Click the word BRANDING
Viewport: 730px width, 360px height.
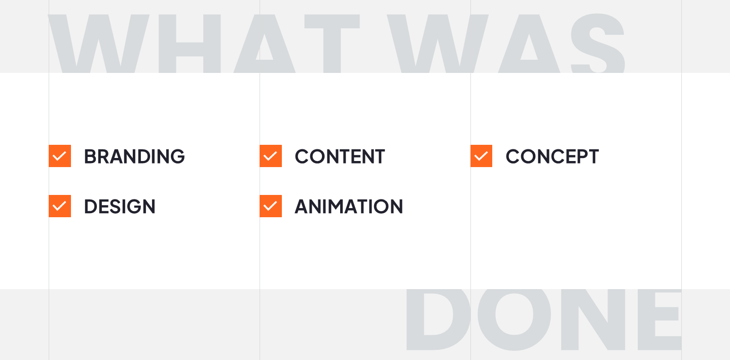pos(134,156)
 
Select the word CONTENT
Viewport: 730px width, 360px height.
pos(340,156)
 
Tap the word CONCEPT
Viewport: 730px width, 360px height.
pos(552,156)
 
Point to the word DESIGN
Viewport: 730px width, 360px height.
pos(120,207)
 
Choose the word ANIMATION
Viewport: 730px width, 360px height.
pos(349,207)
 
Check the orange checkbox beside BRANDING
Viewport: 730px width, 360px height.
pos(60,156)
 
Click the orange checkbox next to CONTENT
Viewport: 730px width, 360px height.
pos(271,156)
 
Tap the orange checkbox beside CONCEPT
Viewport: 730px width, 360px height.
pos(482,156)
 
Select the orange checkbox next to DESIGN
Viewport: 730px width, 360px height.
pos(60,206)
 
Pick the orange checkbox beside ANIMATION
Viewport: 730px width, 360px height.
pos(271,206)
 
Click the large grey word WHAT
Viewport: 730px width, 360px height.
pos(204,44)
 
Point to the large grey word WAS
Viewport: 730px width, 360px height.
pos(506,43)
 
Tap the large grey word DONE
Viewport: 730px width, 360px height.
pos(543,319)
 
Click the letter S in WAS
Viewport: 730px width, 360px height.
pos(598,43)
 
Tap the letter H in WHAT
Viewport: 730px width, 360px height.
pos(190,44)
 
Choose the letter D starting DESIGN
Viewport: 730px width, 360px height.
pos(91,207)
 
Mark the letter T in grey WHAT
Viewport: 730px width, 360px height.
pos(332,44)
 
